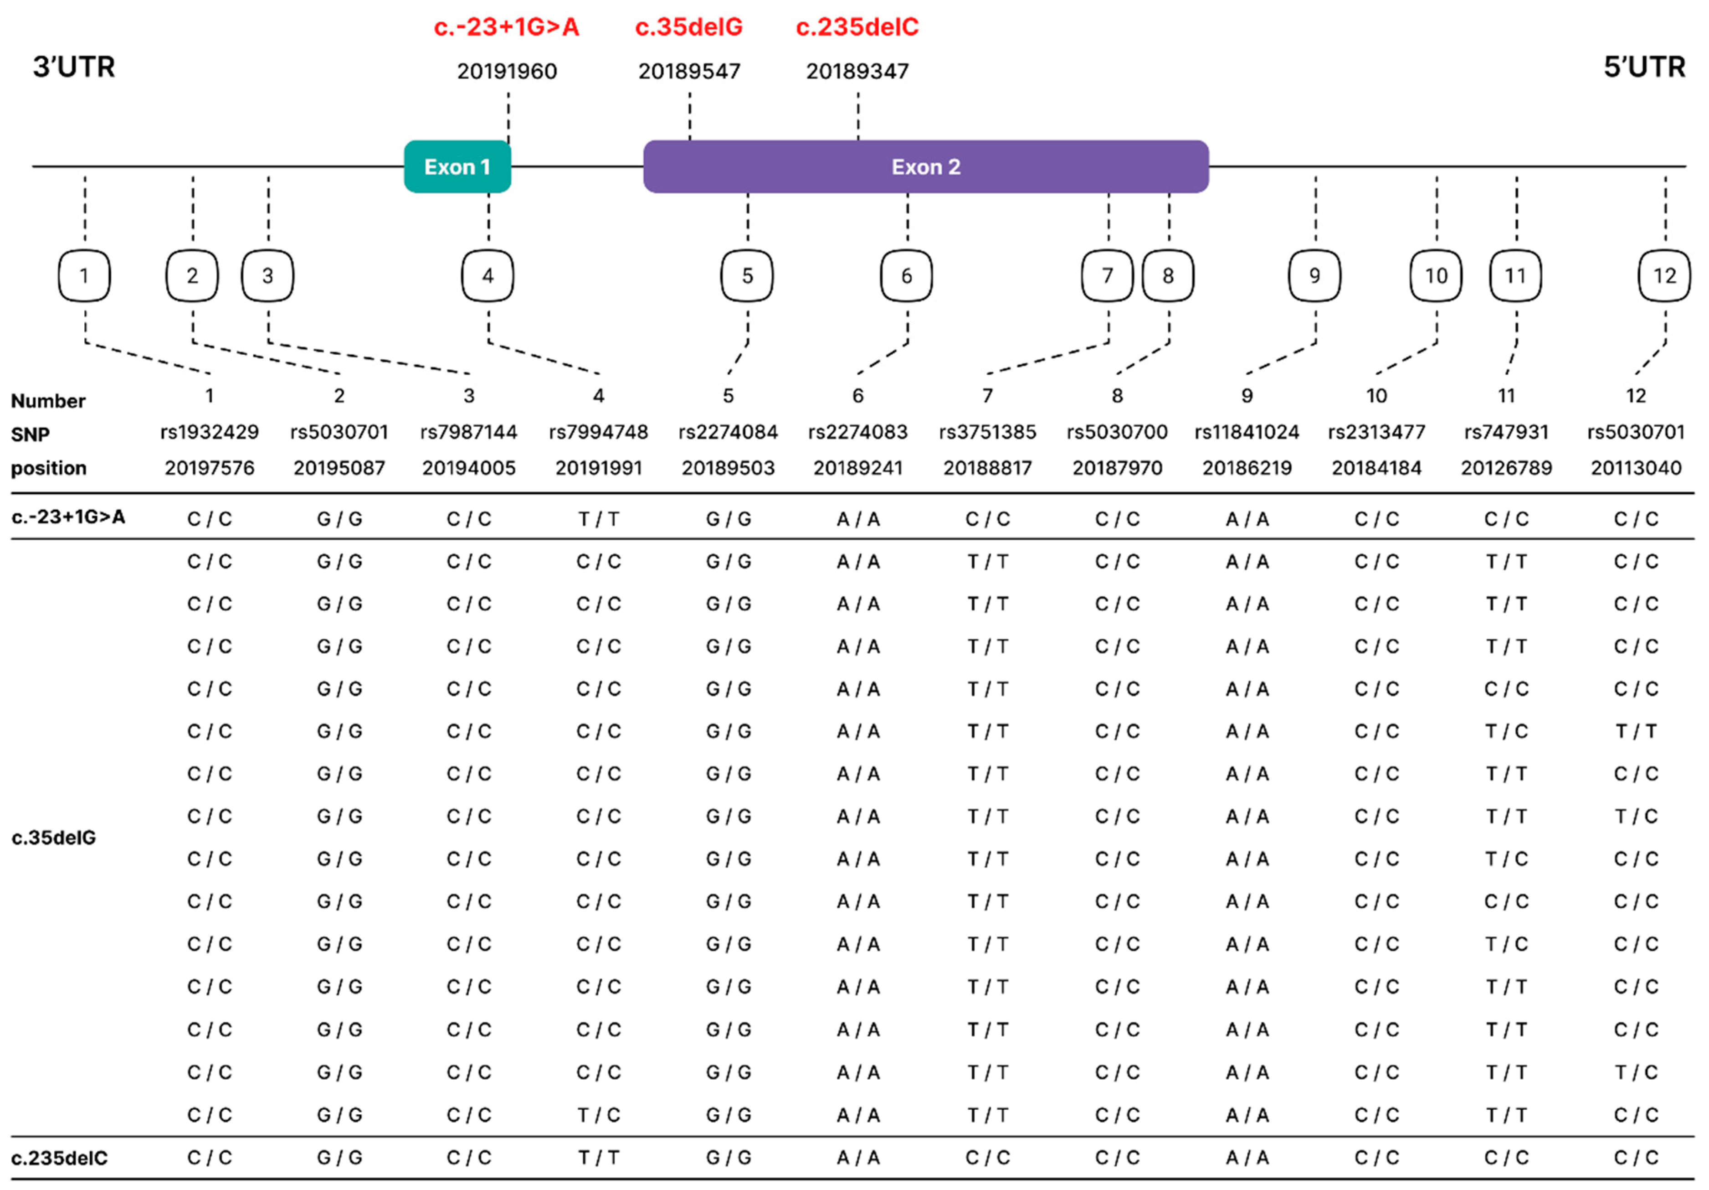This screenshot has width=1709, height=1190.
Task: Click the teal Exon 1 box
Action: click(457, 167)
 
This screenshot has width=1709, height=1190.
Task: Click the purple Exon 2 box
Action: click(925, 167)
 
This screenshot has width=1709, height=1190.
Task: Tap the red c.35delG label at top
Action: click(688, 27)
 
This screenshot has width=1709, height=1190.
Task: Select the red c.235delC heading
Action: click(857, 27)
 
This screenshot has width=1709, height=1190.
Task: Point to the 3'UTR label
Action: click(74, 67)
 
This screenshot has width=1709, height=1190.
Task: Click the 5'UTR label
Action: click(1643, 67)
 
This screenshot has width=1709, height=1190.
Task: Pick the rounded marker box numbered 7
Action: click(1107, 276)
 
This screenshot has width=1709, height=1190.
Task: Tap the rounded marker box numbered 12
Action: click(1664, 276)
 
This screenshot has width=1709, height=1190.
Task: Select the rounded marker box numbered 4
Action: click(488, 276)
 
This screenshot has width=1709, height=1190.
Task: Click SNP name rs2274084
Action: click(728, 432)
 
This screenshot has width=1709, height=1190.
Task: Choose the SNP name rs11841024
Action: click(1247, 432)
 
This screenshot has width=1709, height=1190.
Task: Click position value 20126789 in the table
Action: click(1506, 468)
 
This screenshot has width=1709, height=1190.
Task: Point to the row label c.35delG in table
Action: click(54, 838)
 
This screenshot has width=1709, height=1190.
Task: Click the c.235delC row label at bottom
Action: click(60, 1158)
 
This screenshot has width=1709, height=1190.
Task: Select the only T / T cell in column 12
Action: click(1635, 731)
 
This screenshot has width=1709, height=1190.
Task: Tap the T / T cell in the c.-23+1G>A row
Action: click(599, 519)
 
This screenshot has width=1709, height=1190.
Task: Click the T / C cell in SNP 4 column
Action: click(599, 1115)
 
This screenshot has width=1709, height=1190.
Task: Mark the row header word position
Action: click(48, 468)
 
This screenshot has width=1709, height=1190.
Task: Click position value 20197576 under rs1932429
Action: click(209, 468)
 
